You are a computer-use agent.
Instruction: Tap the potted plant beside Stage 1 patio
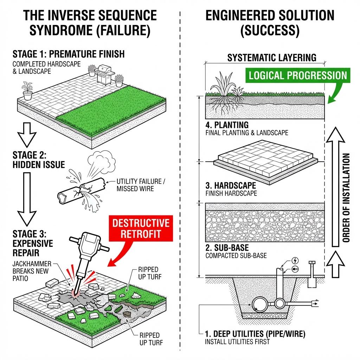[x=27, y=91]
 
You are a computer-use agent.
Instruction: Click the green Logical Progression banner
[x=297, y=75]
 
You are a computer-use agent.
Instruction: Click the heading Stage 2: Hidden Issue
[x=39, y=160]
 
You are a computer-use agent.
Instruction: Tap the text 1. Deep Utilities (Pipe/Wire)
[x=255, y=334]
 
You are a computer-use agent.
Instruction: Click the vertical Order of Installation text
[x=346, y=198]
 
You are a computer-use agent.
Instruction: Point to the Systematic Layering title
[x=272, y=57]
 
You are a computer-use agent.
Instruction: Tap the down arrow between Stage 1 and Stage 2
[x=27, y=134]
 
